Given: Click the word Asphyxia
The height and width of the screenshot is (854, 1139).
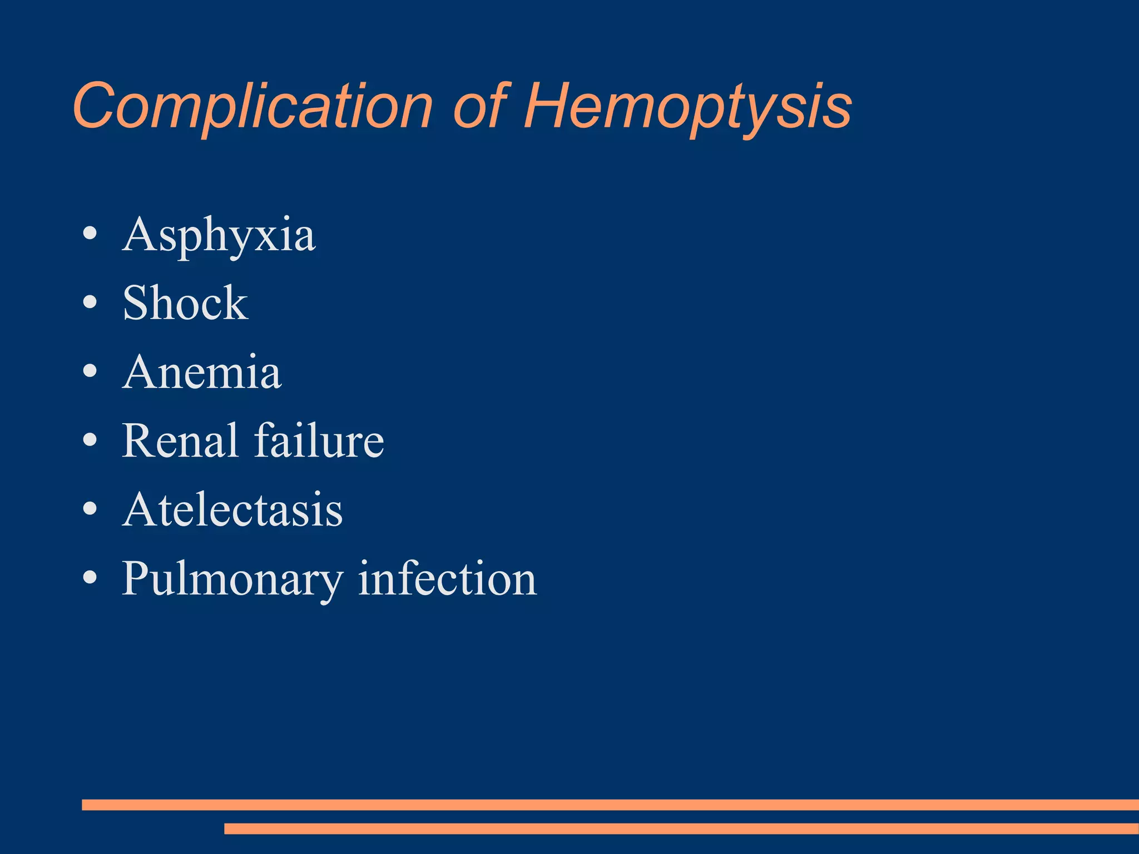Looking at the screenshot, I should pos(219,235).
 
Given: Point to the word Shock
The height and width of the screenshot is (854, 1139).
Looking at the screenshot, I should pos(185,303).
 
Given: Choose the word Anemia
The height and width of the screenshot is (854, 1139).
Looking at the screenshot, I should pos(202,372).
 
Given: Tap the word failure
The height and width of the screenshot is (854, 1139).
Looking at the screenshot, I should pos(319,440).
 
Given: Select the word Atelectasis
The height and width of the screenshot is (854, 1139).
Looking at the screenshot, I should pos(232,509).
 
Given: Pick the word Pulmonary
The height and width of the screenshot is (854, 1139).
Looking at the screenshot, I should pos(232,579).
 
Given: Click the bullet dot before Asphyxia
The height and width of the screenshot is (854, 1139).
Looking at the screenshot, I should pos(90,234).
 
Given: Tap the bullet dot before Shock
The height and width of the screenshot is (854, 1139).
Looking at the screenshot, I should pos(90,302).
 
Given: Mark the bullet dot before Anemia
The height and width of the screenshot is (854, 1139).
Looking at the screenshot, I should pos(90,371).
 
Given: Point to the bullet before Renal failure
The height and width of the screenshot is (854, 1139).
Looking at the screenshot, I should pos(90,440).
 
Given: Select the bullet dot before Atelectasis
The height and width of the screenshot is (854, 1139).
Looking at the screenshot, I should pos(90,509).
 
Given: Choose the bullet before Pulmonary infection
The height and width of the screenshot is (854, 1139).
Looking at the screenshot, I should pos(90,578).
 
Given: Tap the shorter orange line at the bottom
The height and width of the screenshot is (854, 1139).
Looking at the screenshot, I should pos(681,828).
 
